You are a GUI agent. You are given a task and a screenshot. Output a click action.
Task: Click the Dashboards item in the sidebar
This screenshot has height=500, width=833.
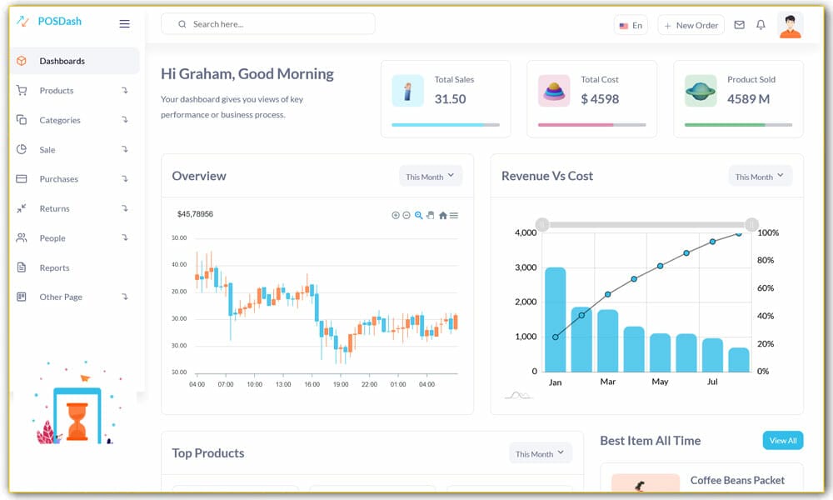62,61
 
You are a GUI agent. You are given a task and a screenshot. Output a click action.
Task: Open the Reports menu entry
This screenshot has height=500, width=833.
54,267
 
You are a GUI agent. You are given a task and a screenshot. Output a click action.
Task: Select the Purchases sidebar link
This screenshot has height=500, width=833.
58,179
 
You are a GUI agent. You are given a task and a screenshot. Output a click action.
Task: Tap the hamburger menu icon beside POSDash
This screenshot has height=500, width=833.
124,24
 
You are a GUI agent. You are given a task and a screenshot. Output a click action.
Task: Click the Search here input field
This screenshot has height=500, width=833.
275,24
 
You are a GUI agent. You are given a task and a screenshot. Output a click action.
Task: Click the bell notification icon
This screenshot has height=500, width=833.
761,25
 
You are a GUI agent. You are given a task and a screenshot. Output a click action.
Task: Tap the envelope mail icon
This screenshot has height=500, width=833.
739,25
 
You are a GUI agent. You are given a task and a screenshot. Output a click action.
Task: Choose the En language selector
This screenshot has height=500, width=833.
631,25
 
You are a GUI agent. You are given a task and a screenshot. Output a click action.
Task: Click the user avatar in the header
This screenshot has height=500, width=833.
790,25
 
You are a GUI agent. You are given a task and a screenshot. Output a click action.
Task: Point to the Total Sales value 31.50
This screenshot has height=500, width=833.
450,99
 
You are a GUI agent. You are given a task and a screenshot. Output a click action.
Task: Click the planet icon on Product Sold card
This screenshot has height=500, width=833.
701,91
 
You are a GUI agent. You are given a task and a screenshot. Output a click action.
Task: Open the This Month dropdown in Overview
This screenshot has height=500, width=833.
430,177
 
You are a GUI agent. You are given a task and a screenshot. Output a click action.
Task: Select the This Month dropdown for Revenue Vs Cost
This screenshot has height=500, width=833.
760,177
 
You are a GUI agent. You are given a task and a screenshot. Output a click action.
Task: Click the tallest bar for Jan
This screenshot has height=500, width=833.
555,319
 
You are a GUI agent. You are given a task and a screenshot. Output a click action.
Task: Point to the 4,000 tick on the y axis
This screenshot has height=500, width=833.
525,232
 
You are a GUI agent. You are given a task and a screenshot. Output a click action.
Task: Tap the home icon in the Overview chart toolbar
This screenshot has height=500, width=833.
442,215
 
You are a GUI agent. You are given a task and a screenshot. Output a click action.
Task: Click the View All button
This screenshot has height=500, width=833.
782,441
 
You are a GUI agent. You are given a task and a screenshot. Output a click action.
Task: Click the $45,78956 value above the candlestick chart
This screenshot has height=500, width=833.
195,214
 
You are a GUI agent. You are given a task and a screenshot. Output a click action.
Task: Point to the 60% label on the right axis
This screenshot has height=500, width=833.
766,288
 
